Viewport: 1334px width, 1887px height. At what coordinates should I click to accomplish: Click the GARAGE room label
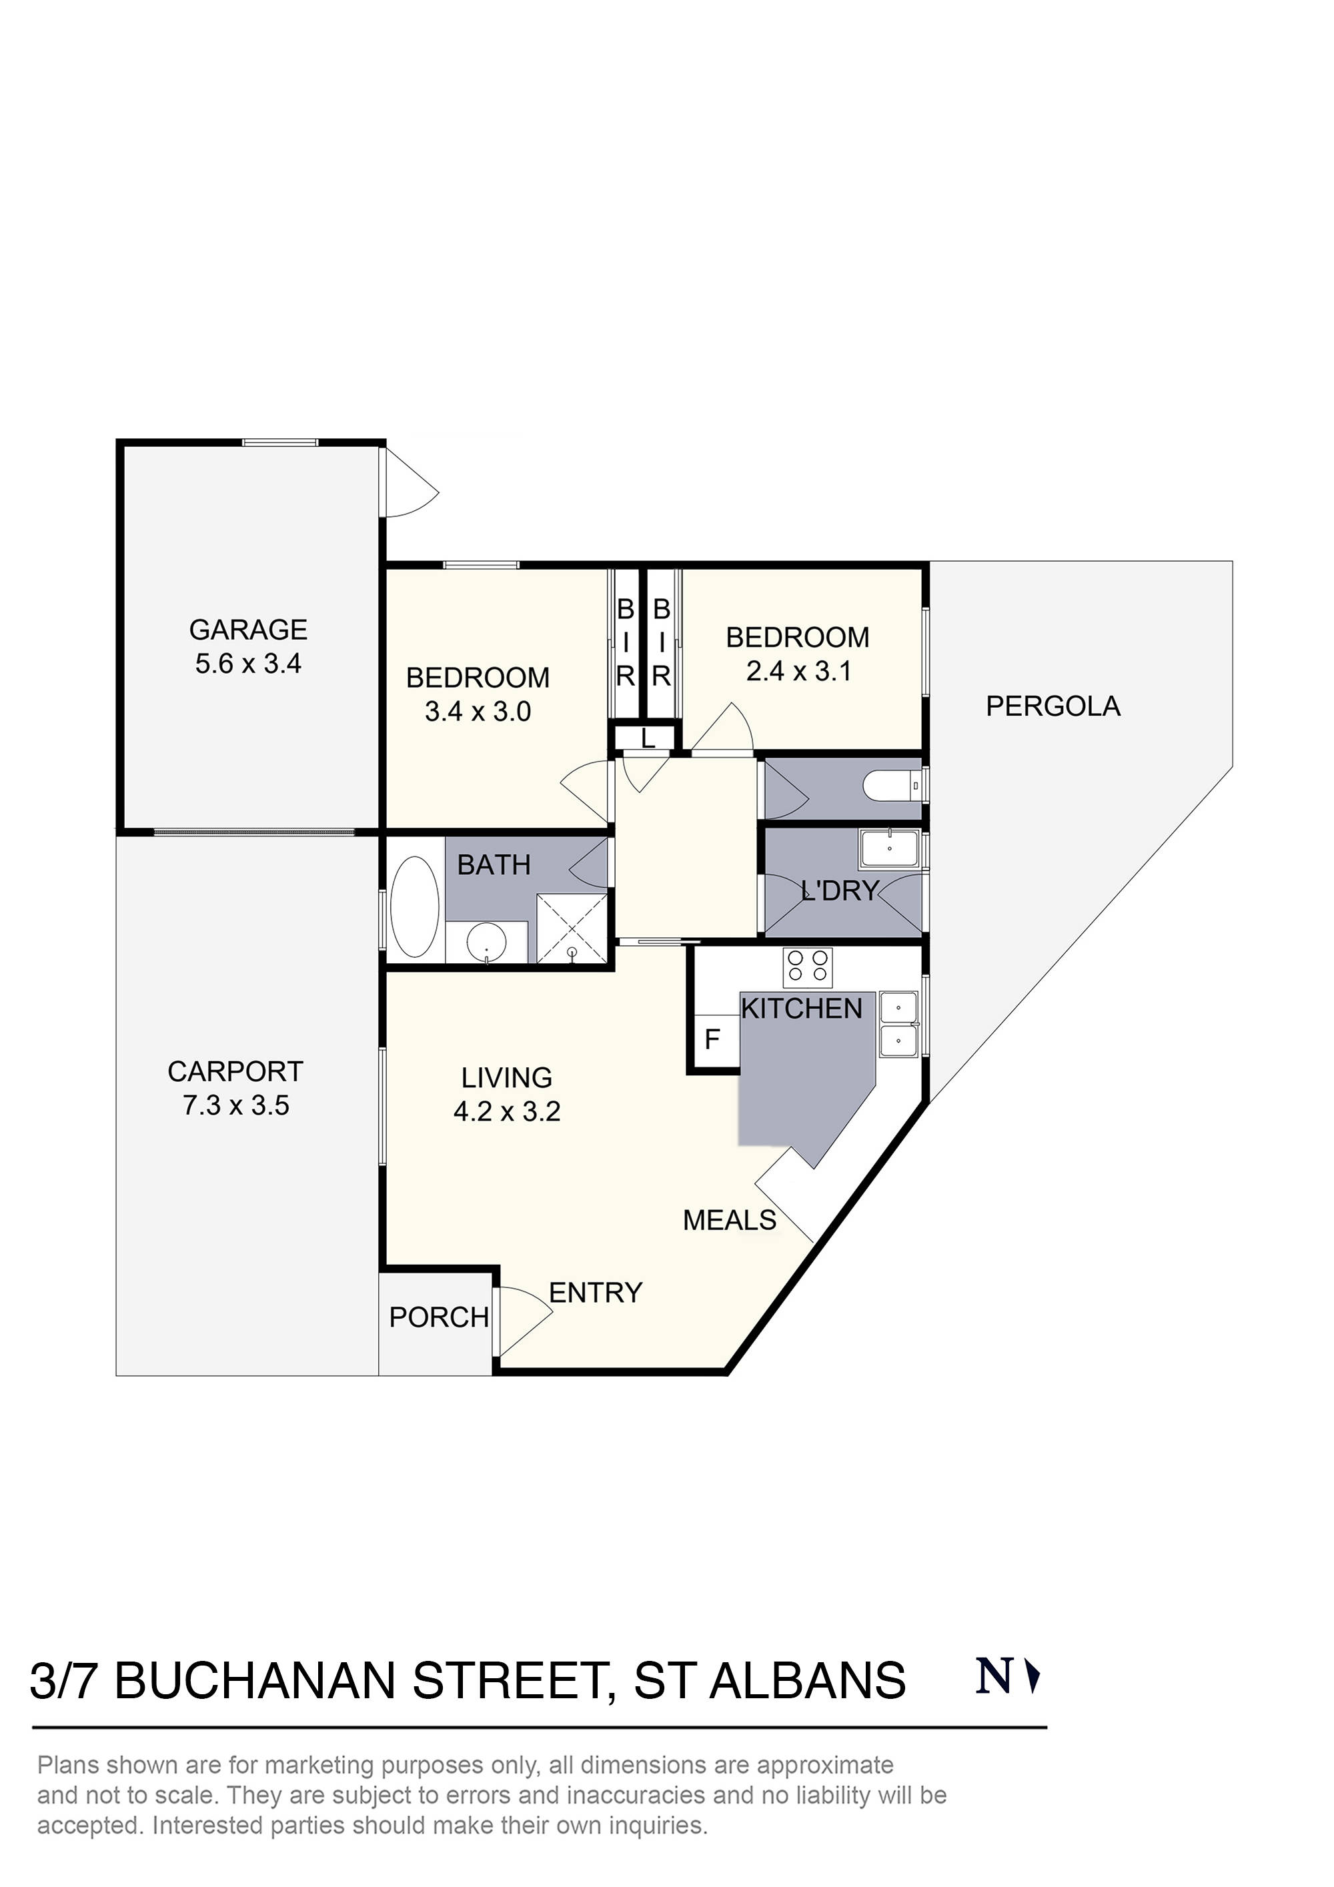(248, 630)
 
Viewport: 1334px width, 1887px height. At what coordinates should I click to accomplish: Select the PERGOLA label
(1053, 706)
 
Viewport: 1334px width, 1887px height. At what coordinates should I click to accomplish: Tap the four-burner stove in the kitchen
(808, 967)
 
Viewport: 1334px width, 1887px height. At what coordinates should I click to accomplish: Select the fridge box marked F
(712, 1040)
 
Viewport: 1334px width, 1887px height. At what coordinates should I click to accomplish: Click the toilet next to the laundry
(892, 786)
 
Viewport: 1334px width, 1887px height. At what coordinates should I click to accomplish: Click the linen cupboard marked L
(648, 738)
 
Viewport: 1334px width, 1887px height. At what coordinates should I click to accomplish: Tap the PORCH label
(439, 1317)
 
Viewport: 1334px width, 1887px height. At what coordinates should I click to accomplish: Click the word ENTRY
(595, 1293)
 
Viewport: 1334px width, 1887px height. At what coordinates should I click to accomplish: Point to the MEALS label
(730, 1221)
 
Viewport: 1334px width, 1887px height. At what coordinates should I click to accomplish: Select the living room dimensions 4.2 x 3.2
(507, 1111)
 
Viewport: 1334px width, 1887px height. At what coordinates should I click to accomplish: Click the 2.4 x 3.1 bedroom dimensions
(798, 672)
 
